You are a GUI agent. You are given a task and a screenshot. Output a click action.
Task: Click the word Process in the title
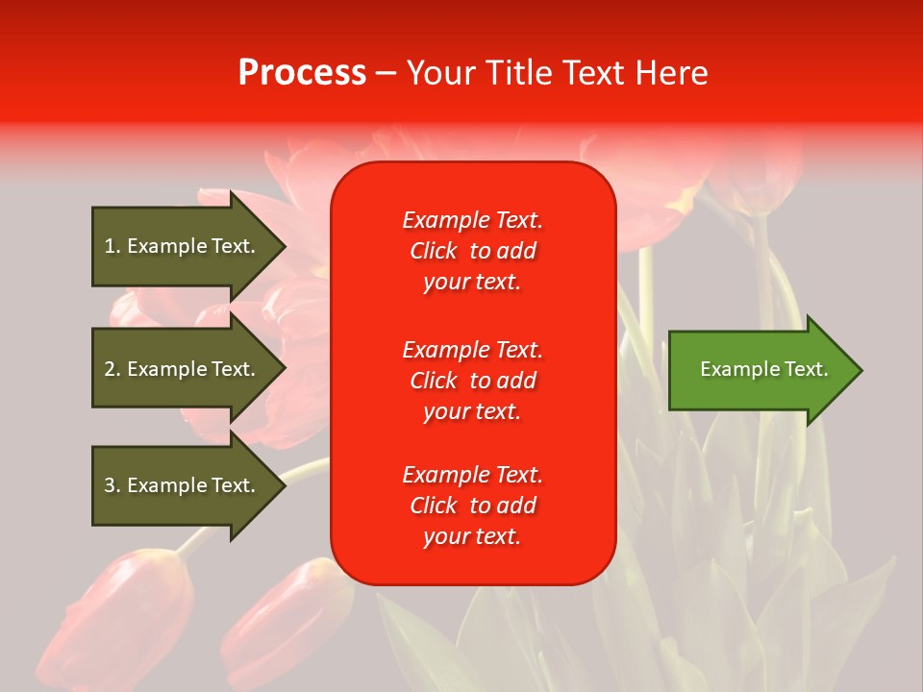[x=302, y=73]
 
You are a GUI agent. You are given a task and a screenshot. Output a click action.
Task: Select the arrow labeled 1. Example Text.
[x=183, y=246]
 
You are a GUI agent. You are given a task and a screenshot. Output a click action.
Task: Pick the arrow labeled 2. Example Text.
[x=183, y=369]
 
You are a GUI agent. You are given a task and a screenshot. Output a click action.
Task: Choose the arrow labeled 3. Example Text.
[x=183, y=485]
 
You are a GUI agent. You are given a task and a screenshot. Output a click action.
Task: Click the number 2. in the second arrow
[x=112, y=369]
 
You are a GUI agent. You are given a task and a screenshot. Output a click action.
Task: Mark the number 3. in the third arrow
[x=112, y=485]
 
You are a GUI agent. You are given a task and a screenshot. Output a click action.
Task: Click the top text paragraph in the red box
[x=472, y=251]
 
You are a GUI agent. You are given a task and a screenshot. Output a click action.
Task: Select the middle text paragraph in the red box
[x=472, y=381]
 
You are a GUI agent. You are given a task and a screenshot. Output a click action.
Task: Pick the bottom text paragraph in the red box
[x=472, y=506]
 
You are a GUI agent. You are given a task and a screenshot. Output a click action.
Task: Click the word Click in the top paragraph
[x=433, y=251]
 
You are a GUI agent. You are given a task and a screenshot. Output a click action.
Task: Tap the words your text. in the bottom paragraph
[x=472, y=536]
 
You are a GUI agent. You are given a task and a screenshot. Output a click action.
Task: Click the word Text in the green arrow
[x=808, y=369]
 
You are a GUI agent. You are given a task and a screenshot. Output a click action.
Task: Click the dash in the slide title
[x=386, y=73]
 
